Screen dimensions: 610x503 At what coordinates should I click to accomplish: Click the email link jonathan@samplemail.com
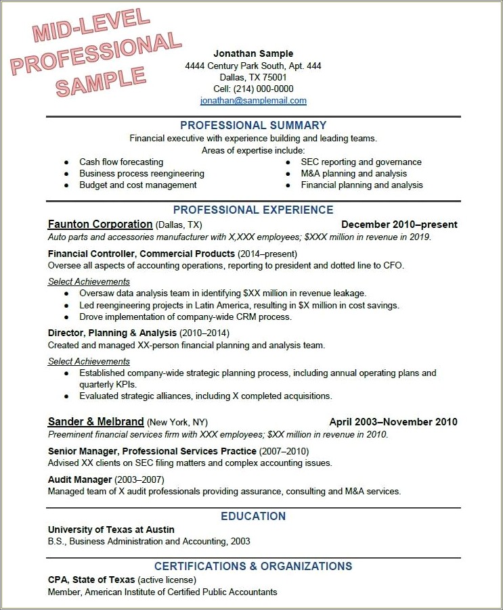click(253, 101)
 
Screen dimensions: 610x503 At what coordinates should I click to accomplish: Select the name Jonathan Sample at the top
click(253, 53)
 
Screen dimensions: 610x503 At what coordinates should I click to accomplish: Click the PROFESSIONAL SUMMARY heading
click(253, 125)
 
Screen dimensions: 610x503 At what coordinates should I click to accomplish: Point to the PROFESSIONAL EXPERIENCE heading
click(253, 210)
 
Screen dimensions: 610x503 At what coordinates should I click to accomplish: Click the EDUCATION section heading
click(253, 516)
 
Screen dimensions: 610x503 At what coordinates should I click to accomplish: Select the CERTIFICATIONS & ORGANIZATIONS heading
click(253, 566)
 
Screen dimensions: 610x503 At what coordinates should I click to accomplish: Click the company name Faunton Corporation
click(100, 225)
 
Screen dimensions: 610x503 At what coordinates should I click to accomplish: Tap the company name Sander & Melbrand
click(95, 421)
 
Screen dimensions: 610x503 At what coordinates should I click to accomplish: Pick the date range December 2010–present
click(399, 225)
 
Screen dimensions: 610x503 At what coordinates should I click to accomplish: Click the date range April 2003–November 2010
click(393, 422)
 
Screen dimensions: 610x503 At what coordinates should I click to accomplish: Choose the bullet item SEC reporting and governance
click(361, 162)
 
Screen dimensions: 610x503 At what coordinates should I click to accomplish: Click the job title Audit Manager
click(80, 479)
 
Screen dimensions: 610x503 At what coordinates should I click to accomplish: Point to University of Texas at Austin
click(111, 530)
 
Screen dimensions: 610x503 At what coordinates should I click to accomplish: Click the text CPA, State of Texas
click(91, 580)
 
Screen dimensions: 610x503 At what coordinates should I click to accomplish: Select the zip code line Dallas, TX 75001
click(253, 77)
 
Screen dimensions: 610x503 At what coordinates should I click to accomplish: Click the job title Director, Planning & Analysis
click(112, 333)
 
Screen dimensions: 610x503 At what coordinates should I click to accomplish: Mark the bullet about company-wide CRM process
click(185, 316)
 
